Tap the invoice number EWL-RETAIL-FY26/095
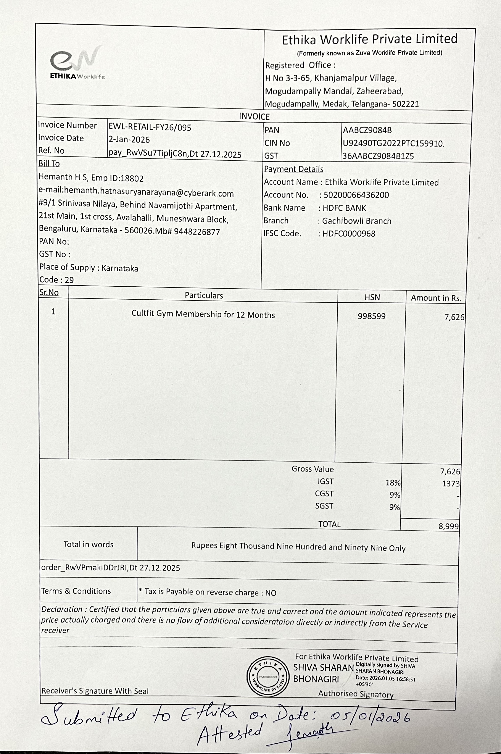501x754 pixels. [150, 127]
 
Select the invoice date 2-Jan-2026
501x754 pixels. [129, 140]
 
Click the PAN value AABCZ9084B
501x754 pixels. [367, 130]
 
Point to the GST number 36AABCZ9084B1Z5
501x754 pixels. [378, 156]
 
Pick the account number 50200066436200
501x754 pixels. [356, 195]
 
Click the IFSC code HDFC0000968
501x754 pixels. [349, 234]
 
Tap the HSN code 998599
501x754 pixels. [372, 316]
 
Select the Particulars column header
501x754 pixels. [204, 295]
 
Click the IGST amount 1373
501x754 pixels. [451, 484]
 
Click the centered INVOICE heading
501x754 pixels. [254, 116]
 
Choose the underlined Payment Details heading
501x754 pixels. [294, 169]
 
